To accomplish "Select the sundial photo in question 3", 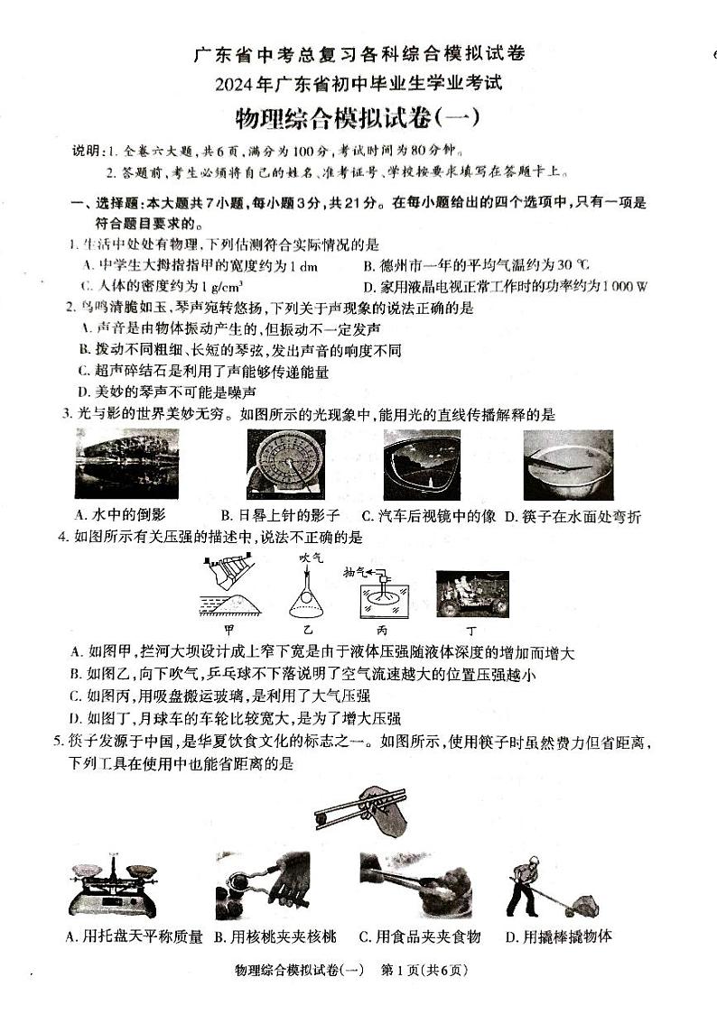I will coord(286,464).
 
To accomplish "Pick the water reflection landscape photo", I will coord(127,464).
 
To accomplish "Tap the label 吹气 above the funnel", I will coord(312,558).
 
